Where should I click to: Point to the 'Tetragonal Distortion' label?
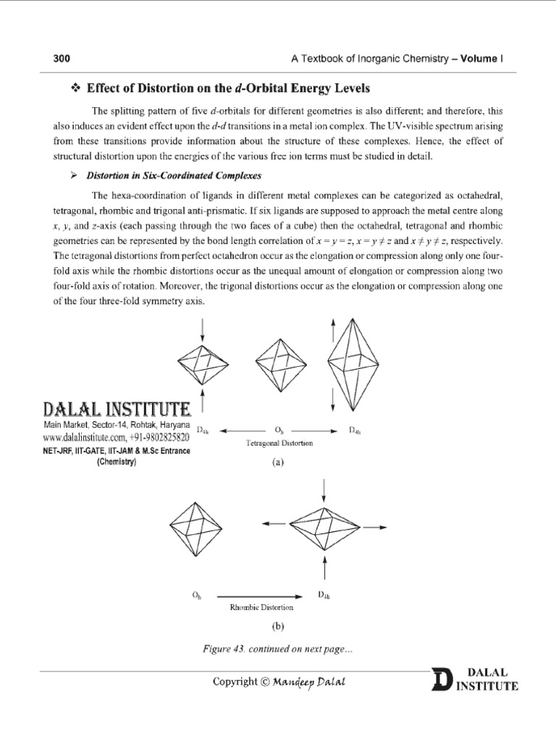279,443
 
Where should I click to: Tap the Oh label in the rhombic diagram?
196,595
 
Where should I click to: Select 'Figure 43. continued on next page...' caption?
277,649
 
